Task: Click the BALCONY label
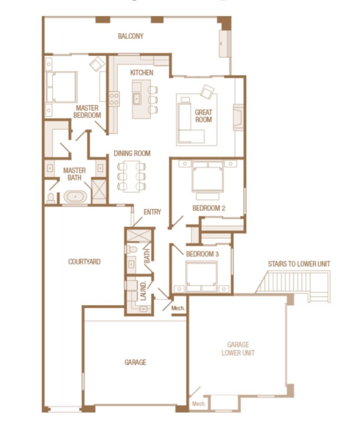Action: (x=130, y=36)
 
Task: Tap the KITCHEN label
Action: (x=142, y=72)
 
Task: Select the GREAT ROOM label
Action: (x=203, y=116)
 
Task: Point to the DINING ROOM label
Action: (x=132, y=153)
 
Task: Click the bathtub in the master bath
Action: (x=75, y=197)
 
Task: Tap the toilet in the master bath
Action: (x=51, y=198)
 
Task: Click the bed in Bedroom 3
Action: (x=202, y=274)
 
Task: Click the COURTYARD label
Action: (x=84, y=261)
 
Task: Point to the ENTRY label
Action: (x=152, y=212)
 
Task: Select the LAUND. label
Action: (x=144, y=291)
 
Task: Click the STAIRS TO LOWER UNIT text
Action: (x=299, y=263)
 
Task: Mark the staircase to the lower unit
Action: (x=292, y=283)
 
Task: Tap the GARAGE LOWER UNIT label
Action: (x=238, y=349)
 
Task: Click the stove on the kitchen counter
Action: (x=114, y=99)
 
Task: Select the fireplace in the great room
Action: (x=238, y=117)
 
